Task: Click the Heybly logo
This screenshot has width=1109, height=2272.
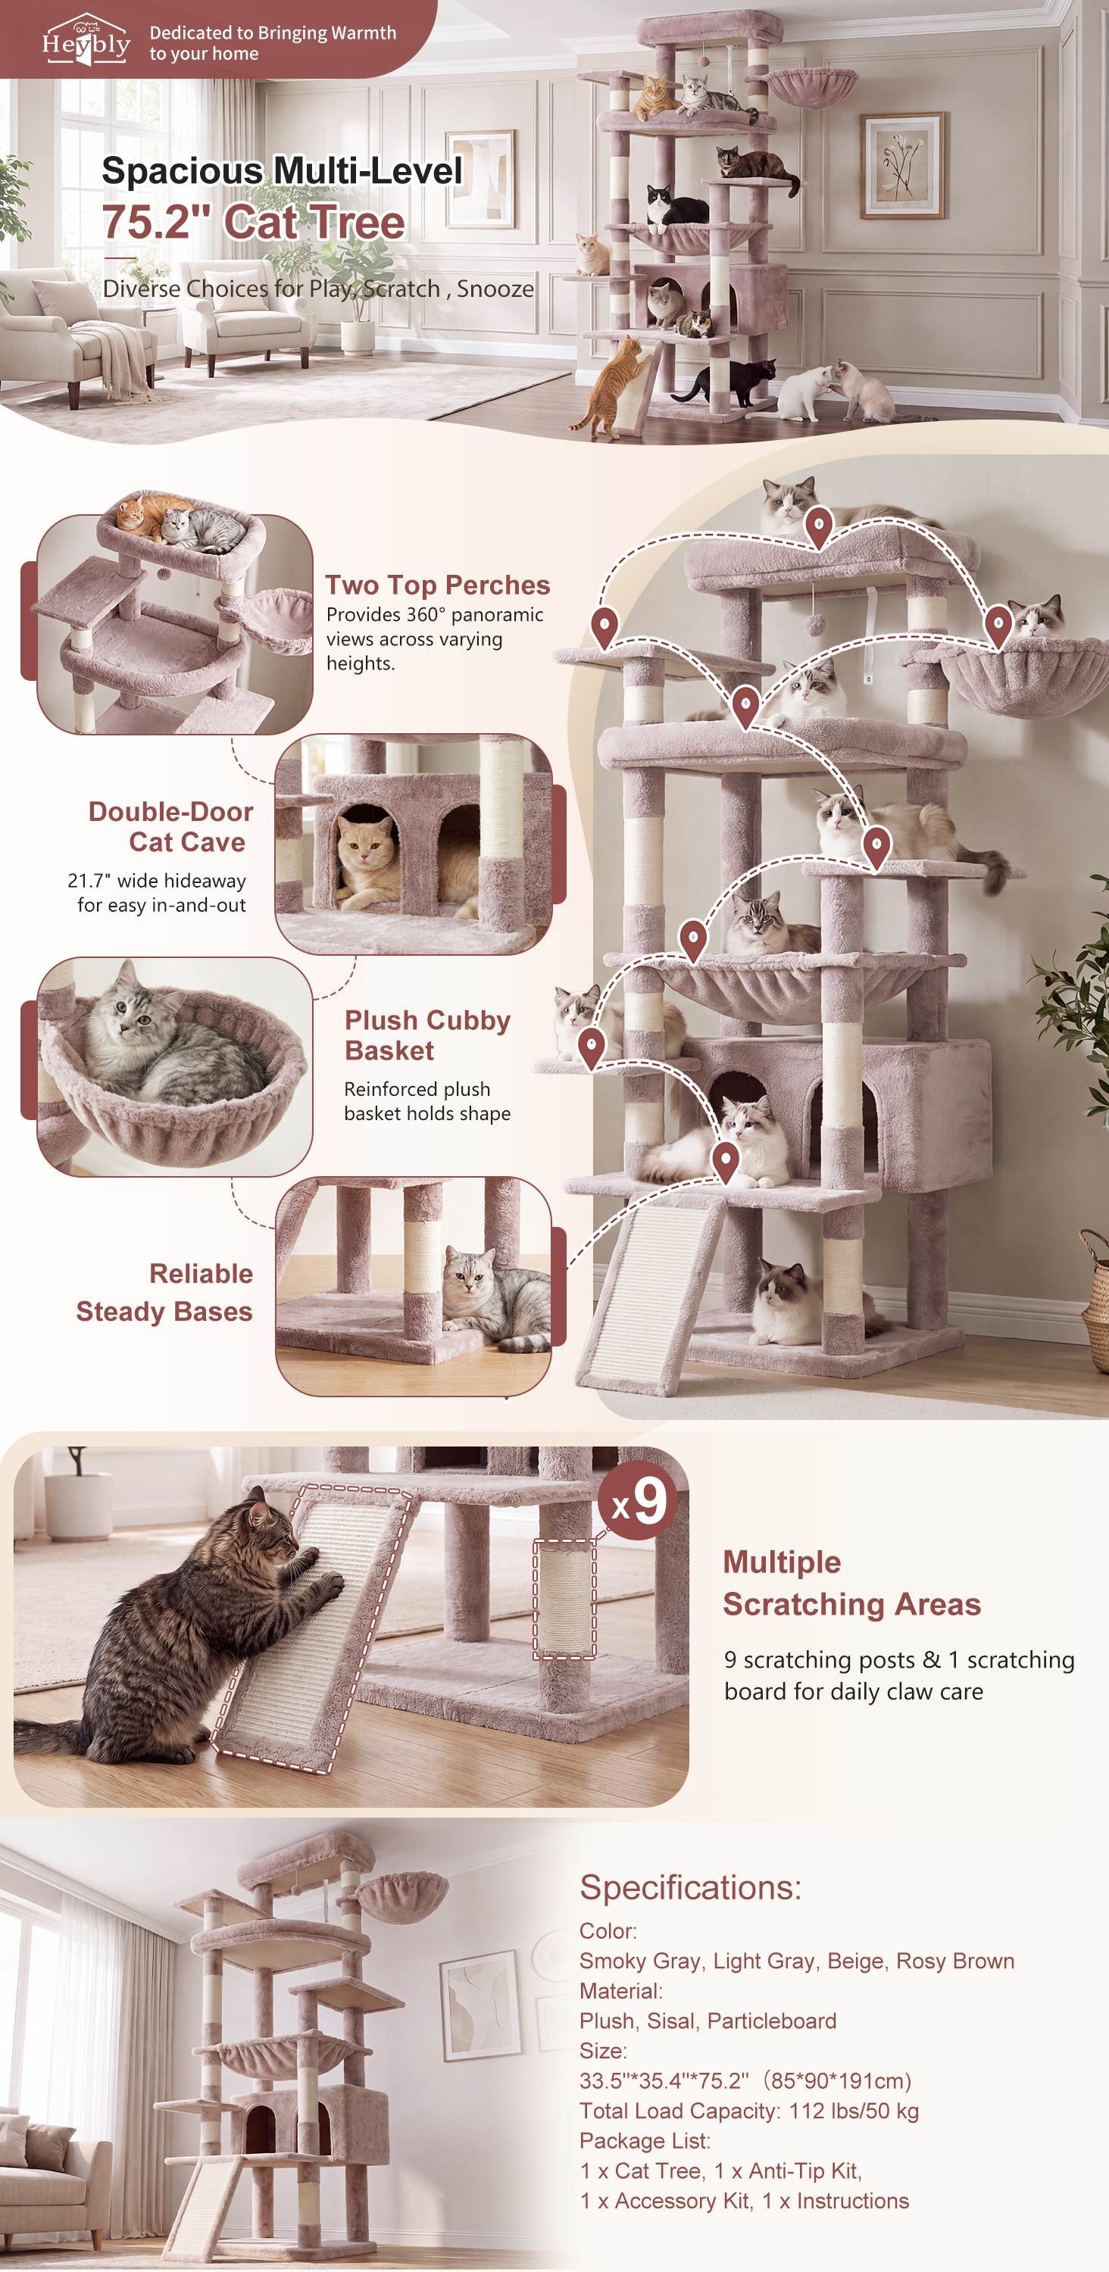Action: (x=86, y=39)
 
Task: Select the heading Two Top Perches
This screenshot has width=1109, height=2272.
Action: (x=438, y=585)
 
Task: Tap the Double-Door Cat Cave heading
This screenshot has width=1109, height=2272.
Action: (x=170, y=826)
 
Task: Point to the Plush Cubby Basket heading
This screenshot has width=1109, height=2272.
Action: (x=427, y=1035)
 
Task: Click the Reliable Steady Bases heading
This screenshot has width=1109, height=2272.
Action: (x=164, y=1292)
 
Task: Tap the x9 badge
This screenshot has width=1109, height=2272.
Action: (x=638, y=1500)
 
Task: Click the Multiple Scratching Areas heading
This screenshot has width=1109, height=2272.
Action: (x=851, y=1582)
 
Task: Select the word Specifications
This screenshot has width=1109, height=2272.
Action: (x=690, y=1887)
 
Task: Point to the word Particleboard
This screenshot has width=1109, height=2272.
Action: (x=771, y=2021)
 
